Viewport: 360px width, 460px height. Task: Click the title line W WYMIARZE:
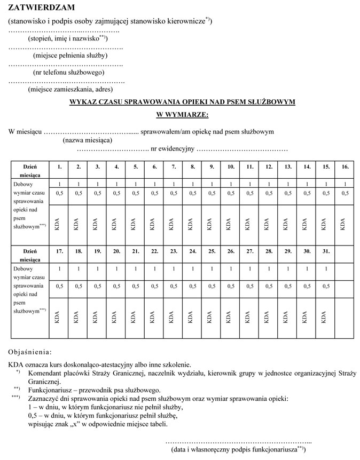(x=182, y=114)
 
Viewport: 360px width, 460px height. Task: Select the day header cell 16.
(x=345, y=167)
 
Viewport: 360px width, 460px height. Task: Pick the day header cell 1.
(x=59, y=167)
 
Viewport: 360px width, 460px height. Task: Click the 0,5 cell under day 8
(x=192, y=194)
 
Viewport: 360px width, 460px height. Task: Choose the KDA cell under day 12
(x=269, y=223)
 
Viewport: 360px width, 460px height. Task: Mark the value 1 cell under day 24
(x=192, y=268)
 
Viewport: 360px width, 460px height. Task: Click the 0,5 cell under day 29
(x=288, y=287)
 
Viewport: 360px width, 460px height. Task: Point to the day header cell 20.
(x=116, y=251)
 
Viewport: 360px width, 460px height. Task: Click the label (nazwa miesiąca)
(x=87, y=140)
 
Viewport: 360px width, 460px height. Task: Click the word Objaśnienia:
(x=30, y=352)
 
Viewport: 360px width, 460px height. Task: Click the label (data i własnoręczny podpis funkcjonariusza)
(x=238, y=450)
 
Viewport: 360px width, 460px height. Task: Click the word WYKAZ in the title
(x=84, y=101)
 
